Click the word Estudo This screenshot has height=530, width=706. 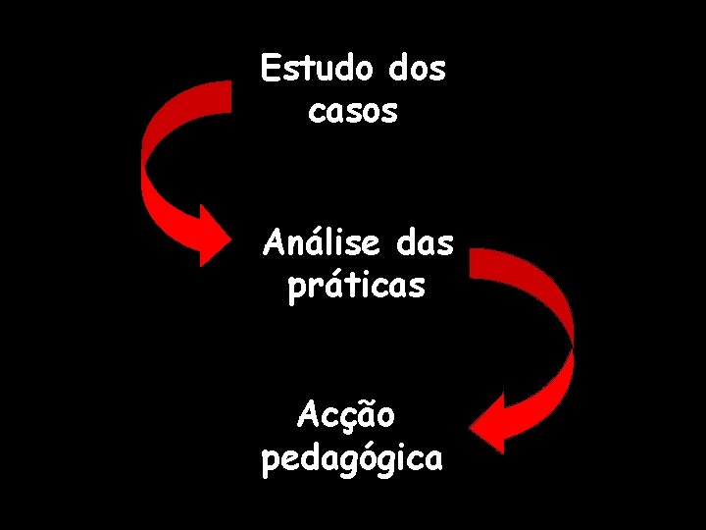pyautogui.click(x=316, y=69)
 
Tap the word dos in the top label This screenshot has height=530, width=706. pyautogui.click(x=417, y=69)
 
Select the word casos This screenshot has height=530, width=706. pyautogui.click(x=353, y=111)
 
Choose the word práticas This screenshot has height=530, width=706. pyautogui.click(x=357, y=286)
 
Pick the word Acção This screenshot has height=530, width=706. pyautogui.click(x=346, y=415)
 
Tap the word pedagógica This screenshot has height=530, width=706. pyautogui.click(x=352, y=458)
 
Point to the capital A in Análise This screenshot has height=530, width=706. pyautogui.click(x=274, y=241)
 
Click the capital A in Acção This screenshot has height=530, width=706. pyautogui.click(x=308, y=415)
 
